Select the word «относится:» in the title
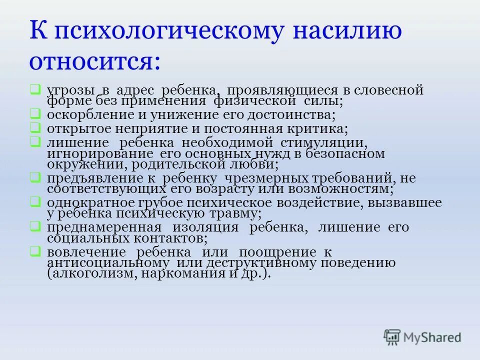click(95, 62)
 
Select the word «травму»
click(233, 213)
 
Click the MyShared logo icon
click(392, 336)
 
